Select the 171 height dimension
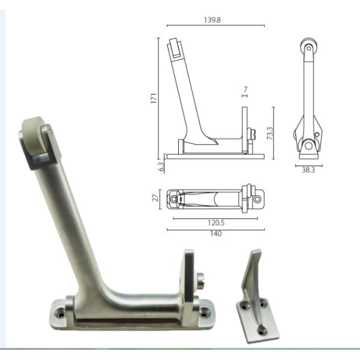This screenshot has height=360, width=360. [154, 97]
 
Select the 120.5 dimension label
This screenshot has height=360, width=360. [216, 222]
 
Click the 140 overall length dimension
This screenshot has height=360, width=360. [216, 233]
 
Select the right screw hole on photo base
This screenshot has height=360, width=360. [205, 312]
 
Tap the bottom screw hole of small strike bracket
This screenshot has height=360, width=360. [262, 329]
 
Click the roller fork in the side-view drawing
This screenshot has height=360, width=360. [176, 49]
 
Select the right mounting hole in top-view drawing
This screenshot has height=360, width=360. [258, 197]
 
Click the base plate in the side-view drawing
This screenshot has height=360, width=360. [216, 156]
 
